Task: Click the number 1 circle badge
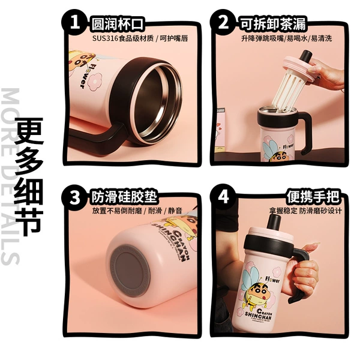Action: click(x=74, y=23)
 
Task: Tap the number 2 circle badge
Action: click(x=224, y=23)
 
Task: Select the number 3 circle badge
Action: click(x=74, y=197)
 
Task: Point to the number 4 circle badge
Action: click(x=224, y=197)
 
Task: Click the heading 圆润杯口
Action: click(x=118, y=23)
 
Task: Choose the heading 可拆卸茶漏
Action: click(x=274, y=23)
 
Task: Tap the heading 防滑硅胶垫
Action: click(x=124, y=197)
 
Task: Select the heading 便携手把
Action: click(x=313, y=197)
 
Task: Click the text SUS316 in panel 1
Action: click(x=105, y=38)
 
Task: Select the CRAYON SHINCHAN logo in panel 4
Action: click(x=258, y=315)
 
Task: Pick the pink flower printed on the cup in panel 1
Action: click(x=95, y=81)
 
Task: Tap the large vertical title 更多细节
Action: click(x=29, y=177)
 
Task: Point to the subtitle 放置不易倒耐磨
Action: click(x=117, y=211)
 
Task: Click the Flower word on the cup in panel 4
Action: click(x=272, y=280)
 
